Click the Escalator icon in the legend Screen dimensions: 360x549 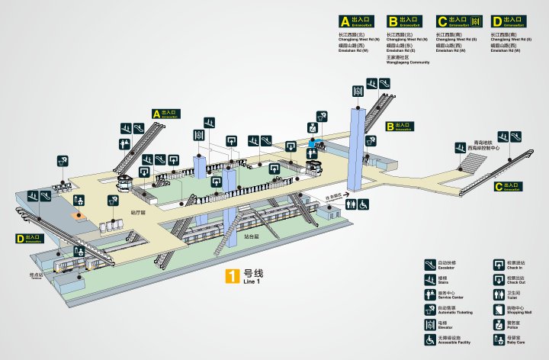[x=430, y=265]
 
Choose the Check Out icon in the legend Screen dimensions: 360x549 [x=499, y=279]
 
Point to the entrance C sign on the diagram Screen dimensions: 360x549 [x=507, y=186]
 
